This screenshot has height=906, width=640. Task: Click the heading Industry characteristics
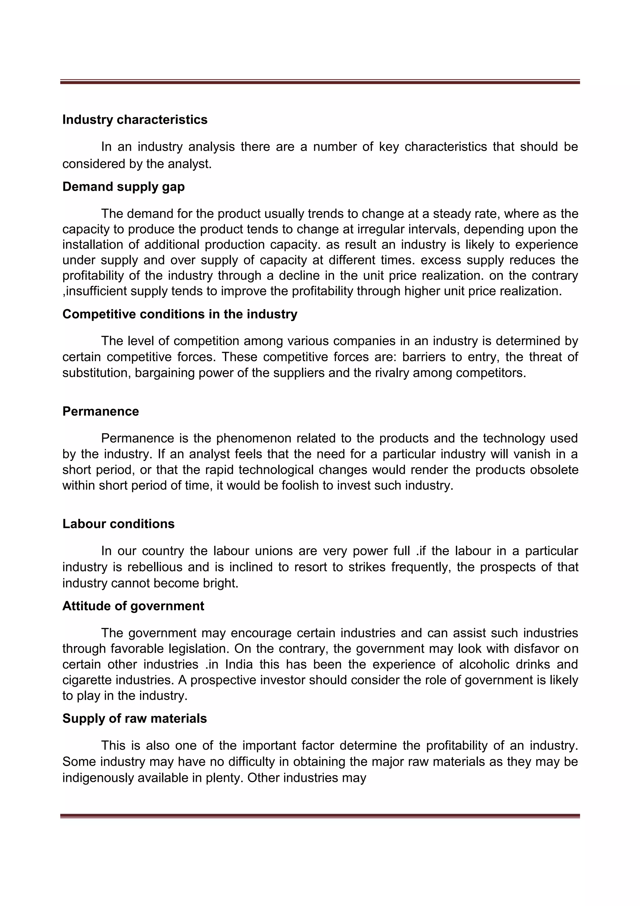click(135, 119)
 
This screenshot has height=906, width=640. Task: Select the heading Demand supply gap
click(123, 187)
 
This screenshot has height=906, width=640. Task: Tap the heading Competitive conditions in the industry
click(180, 314)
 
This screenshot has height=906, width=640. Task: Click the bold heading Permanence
click(101, 411)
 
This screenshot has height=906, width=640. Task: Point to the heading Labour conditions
click(118, 524)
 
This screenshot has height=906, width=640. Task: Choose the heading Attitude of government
click(133, 606)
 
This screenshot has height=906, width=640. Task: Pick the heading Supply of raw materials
click(134, 718)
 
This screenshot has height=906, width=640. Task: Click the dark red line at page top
click(320, 82)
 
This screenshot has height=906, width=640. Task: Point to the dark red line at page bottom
click(320, 815)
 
